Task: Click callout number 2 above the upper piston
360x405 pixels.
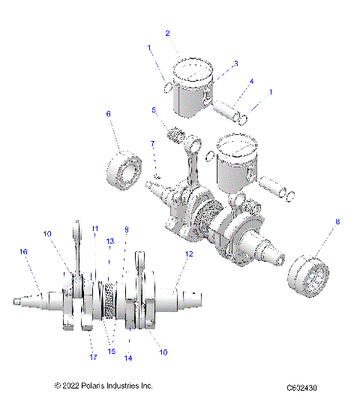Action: click(x=167, y=33)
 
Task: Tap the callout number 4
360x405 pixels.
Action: click(x=251, y=81)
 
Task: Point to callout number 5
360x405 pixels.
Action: click(x=154, y=110)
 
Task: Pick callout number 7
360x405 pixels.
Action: click(x=151, y=142)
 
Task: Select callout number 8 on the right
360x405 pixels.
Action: click(x=337, y=222)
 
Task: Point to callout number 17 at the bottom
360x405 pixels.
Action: click(x=93, y=356)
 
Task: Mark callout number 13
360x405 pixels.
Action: click(x=109, y=241)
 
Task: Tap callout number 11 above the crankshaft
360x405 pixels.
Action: click(x=94, y=228)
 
